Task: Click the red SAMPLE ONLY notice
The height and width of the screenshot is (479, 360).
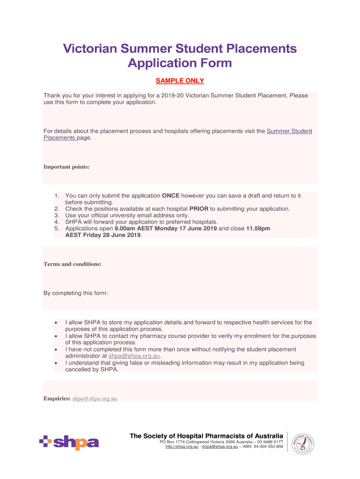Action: click(x=180, y=81)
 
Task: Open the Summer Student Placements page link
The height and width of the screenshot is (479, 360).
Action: click(x=289, y=131)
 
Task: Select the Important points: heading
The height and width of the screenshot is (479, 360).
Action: click(x=66, y=167)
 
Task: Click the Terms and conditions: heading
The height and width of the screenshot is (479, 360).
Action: click(x=72, y=264)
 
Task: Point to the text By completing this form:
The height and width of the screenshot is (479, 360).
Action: click(x=76, y=293)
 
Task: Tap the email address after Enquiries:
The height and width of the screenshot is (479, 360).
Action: click(x=94, y=399)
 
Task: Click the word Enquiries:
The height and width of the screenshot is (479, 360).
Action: click(x=57, y=399)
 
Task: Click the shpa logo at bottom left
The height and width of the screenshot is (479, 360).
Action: click(x=69, y=443)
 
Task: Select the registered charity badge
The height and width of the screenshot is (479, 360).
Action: click(x=302, y=443)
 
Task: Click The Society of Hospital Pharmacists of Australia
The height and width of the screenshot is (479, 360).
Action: click(x=206, y=436)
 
